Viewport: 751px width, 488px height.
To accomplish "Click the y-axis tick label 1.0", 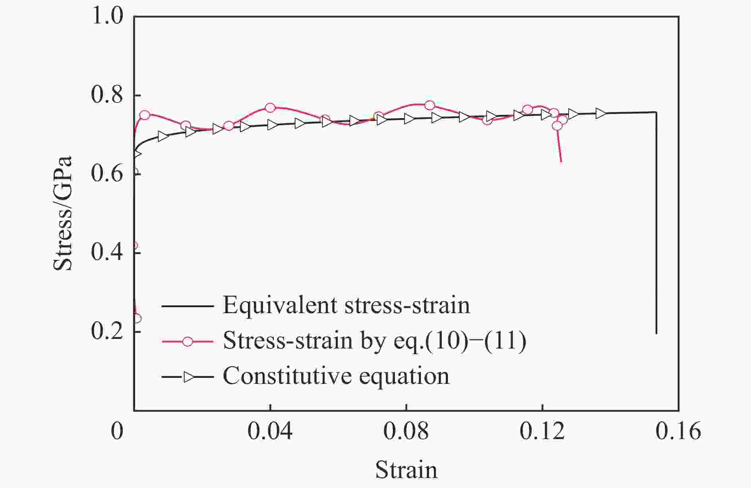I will [107, 17].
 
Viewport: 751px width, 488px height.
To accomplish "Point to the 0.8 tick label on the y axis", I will [107, 95].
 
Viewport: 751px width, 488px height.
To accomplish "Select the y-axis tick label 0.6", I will [107, 174].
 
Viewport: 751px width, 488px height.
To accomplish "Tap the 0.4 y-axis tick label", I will [107, 253].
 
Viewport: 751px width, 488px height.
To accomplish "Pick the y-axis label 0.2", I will [107, 331].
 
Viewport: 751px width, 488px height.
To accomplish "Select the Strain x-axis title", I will [406, 470].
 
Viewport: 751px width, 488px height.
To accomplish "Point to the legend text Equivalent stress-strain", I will [346, 306].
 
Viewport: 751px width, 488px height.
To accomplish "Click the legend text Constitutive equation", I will [336, 376].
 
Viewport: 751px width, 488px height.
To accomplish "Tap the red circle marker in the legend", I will [188, 341].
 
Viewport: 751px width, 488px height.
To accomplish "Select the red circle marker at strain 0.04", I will [270, 108].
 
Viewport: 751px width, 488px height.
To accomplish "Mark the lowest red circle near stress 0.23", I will [137, 318].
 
